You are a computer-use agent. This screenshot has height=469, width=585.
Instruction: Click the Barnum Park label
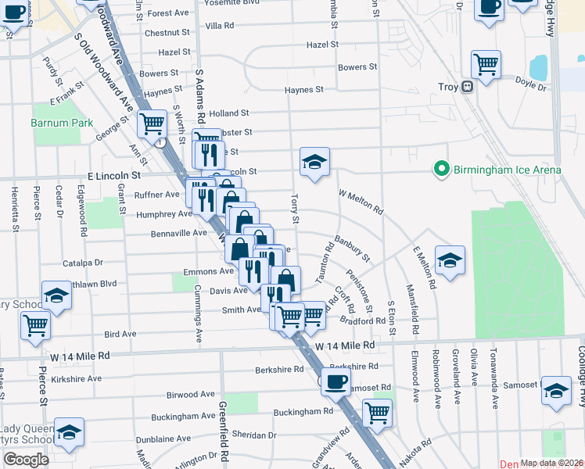(x=62, y=123)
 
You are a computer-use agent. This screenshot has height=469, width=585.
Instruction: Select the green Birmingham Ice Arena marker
(x=441, y=169)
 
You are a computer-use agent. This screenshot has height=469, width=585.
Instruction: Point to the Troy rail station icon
(x=467, y=87)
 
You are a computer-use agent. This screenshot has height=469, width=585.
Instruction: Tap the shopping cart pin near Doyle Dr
(x=486, y=65)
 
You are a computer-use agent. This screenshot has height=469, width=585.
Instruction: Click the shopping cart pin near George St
(x=151, y=123)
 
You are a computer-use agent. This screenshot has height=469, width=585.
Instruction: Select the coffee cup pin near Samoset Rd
(x=336, y=382)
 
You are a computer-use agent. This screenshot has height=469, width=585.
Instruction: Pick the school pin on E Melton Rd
(x=450, y=260)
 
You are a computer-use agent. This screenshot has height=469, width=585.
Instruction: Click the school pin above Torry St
(x=314, y=162)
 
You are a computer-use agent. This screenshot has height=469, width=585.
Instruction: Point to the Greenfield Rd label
(x=224, y=429)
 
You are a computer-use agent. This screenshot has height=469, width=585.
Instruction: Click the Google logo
(x=27, y=460)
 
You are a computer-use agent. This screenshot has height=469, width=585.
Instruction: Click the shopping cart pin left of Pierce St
(x=35, y=324)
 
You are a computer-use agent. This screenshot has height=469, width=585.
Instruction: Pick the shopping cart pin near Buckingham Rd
(x=378, y=412)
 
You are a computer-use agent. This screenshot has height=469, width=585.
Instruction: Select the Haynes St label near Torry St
(x=304, y=90)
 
